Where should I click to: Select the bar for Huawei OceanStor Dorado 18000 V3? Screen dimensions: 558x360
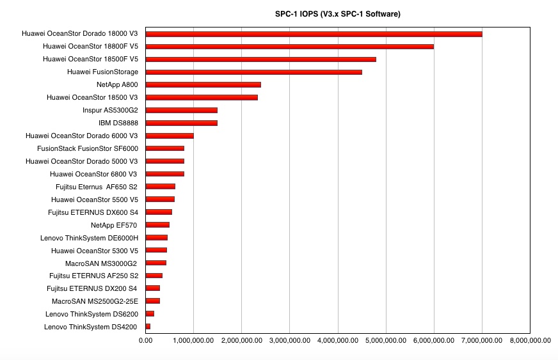pyautogui.click(x=314, y=34)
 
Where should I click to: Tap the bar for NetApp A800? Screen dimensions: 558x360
pyautogui.click(x=203, y=84)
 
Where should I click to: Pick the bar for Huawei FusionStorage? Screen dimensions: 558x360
pyautogui.click(x=254, y=72)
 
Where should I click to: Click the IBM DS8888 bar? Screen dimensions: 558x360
pyautogui.click(x=182, y=123)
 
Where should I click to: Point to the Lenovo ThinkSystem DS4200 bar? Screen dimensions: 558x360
pyautogui.click(x=148, y=327)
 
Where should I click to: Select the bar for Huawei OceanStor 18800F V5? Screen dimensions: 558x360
pyautogui.click(x=290, y=47)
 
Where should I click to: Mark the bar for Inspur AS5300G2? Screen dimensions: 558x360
pyautogui.click(x=182, y=110)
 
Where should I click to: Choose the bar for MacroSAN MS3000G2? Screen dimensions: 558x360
pyautogui.click(x=156, y=263)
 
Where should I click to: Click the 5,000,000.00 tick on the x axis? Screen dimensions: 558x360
pyautogui.click(x=386, y=340)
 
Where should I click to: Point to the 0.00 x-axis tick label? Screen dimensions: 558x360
pyautogui.click(x=145, y=340)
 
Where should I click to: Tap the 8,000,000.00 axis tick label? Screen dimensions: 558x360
pyautogui.click(x=530, y=340)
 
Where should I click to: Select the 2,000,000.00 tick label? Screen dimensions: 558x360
pyautogui.click(x=242, y=340)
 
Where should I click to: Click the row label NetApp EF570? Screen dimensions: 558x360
pyautogui.click(x=114, y=225)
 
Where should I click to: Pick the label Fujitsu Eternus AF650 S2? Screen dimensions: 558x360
pyautogui.click(x=97, y=187)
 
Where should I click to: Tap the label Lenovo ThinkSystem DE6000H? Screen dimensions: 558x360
pyautogui.click(x=89, y=238)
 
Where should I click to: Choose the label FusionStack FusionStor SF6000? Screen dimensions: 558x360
pyautogui.click(x=88, y=148)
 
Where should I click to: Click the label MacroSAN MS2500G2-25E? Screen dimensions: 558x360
pyautogui.click(x=95, y=301)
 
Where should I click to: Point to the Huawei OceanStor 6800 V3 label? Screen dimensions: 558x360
pyautogui.click(x=93, y=174)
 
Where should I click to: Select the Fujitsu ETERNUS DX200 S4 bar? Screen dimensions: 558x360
pyautogui.click(x=153, y=288)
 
